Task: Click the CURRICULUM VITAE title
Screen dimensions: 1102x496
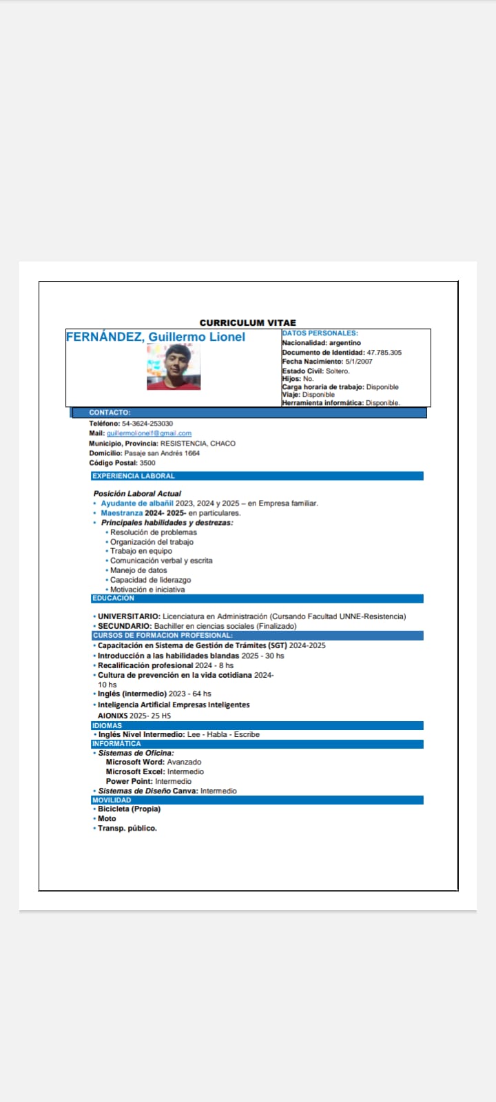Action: pos(248,322)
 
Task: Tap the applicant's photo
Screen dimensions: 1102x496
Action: pos(174,367)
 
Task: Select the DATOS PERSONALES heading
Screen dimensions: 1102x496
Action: pos(320,333)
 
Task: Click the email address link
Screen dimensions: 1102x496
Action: pos(149,433)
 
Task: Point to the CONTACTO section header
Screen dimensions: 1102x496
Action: pos(110,413)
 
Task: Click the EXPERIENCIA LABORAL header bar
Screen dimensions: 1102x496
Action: pos(134,476)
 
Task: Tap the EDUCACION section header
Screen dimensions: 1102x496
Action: pos(114,599)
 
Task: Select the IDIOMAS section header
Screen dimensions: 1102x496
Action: pos(107,725)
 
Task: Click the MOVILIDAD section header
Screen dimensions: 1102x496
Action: pos(112,800)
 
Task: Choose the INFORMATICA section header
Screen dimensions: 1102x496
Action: pos(116,744)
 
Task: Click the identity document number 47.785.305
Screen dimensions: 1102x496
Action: pos(384,353)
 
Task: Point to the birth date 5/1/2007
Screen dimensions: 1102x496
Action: pos(359,362)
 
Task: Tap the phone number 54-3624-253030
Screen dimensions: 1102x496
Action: pos(147,424)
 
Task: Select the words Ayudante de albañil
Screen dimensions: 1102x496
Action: pos(137,503)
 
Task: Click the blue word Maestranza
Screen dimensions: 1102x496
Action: pos(122,513)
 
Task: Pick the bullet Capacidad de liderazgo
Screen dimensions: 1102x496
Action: pos(150,580)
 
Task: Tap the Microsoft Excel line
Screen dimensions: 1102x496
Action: pos(154,771)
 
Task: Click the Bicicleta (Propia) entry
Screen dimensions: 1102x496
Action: pos(129,809)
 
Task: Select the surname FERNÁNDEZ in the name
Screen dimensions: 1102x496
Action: pos(105,337)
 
